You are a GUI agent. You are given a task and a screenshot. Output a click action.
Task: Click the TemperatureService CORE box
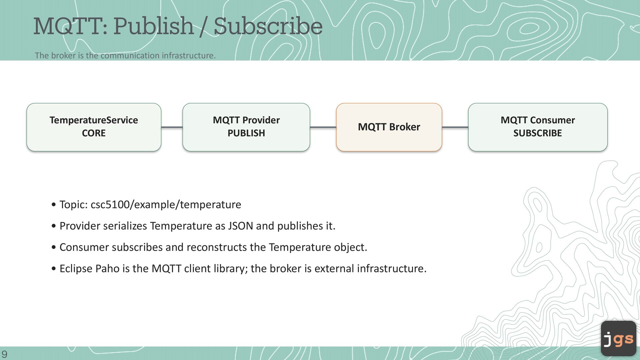(x=94, y=127)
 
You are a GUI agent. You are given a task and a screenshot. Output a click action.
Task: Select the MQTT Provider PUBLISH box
(x=246, y=127)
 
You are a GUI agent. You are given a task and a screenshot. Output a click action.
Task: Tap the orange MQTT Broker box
(x=389, y=127)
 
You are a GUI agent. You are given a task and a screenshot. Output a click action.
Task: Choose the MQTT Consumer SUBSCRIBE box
(x=538, y=127)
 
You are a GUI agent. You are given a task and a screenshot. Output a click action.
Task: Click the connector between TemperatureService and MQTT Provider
(x=172, y=127)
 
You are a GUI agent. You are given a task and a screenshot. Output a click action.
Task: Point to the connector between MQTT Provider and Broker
(x=323, y=127)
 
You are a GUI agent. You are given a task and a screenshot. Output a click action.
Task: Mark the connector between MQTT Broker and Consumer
(x=455, y=127)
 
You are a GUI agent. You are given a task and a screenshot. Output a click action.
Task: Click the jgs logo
(x=618, y=338)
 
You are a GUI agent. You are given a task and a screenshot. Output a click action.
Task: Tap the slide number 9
(x=4, y=354)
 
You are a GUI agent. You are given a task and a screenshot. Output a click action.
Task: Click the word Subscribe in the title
(x=268, y=26)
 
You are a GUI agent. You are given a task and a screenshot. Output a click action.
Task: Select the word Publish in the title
(x=153, y=26)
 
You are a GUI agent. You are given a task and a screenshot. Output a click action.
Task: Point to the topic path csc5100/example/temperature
(x=166, y=204)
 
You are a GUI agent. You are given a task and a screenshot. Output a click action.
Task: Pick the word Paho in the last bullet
(x=107, y=268)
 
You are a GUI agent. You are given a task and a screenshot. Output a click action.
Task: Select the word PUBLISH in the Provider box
(x=246, y=133)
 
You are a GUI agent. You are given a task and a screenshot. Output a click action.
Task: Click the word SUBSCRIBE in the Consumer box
(x=538, y=133)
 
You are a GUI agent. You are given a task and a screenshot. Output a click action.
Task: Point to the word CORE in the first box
(x=94, y=133)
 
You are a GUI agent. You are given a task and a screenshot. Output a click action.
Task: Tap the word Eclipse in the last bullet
(x=76, y=268)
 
